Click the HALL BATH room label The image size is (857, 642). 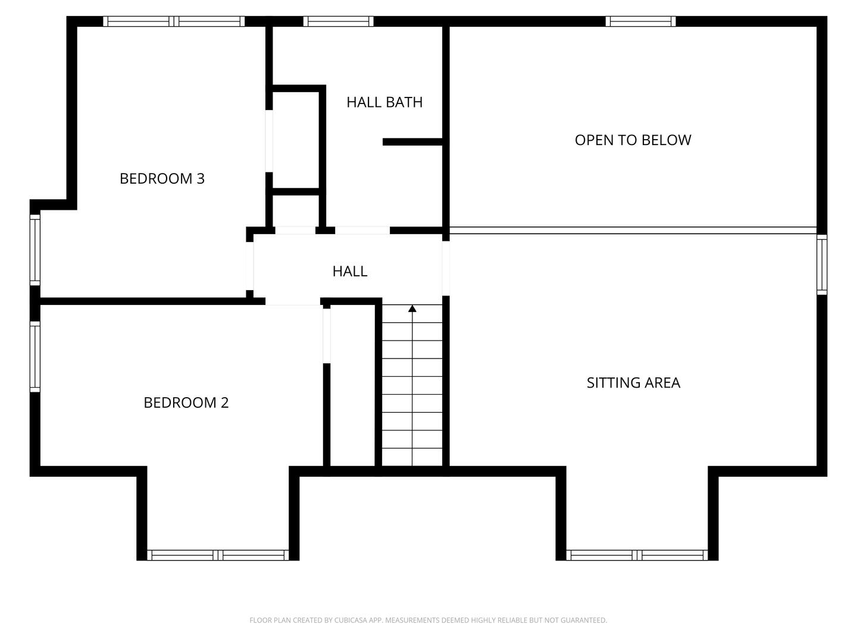tap(384, 102)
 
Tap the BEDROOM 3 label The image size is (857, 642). tap(162, 178)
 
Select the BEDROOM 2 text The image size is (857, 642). tap(186, 402)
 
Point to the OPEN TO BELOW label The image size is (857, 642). tap(633, 140)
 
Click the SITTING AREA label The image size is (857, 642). tap(633, 383)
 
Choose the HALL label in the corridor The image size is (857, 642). tap(349, 272)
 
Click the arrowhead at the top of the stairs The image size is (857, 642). tap(412, 308)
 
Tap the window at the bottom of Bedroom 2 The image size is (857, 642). tap(218, 555)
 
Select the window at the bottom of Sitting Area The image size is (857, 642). tap(637, 555)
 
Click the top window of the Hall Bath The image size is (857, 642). tap(338, 21)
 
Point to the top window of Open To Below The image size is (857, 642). tap(640, 21)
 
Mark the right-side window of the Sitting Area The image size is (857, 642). tap(822, 265)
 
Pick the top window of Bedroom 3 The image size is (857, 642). tap(174, 21)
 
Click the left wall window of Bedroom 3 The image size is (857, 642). tap(35, 250)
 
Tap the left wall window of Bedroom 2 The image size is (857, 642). tap(35, 357)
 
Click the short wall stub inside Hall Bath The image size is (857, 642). tap(412, 141)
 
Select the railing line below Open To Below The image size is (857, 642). tap(633, 230)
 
